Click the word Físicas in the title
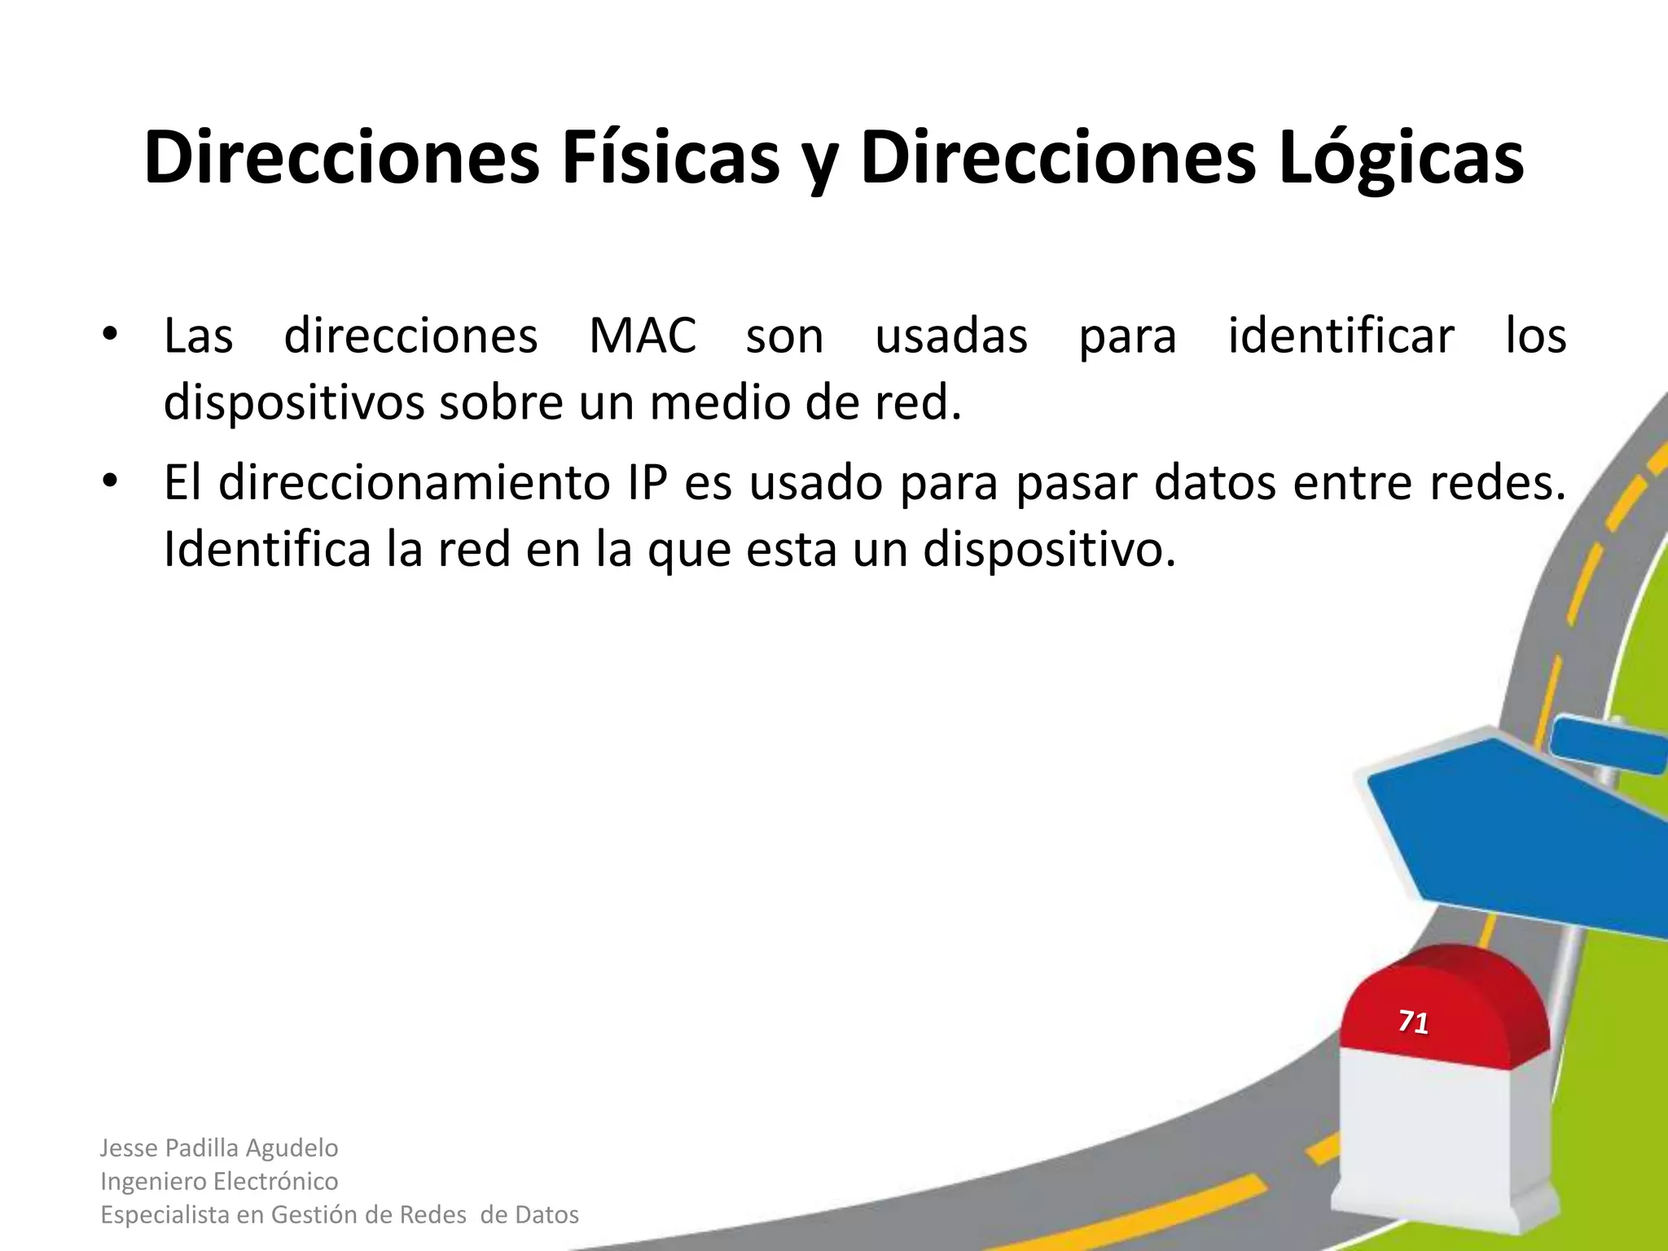point(669,157)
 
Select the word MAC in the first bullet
point(643,336)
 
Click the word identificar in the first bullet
point(1341,336)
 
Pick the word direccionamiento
point(415,482)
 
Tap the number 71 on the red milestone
point(1413,1021)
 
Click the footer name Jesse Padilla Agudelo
point(219,1148)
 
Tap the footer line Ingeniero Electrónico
point(219,1181)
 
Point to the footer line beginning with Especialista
point(339,1214)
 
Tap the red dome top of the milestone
point(1446,1002)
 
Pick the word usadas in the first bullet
point(951,336)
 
